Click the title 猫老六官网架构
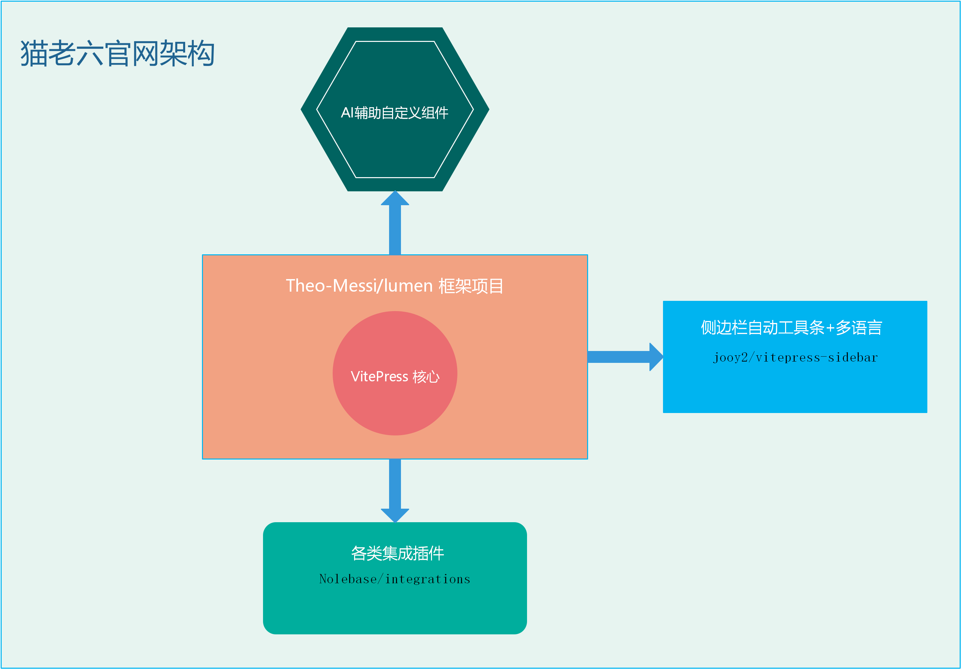click(x=117, y=53)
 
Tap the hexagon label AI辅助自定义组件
click(x=394, y=113)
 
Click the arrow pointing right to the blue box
click(x=624, y=357)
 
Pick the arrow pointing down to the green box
click(x=395, y=490)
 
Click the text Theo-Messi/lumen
click(x=359, y=286)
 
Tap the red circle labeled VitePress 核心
click(x=395, y=402)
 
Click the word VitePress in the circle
click(x=379, y=376)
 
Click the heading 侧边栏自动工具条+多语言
click(x=791, y=328)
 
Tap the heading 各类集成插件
click(x=397, y=553)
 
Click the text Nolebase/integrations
click(x=395, y=579)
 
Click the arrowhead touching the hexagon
click(x=395, y=198)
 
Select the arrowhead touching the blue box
click(x=656, y=357)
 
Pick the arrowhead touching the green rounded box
click(x=395, y=516)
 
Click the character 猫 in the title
click(x=33, y=53)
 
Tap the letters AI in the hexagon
click(x=347, y=113)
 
